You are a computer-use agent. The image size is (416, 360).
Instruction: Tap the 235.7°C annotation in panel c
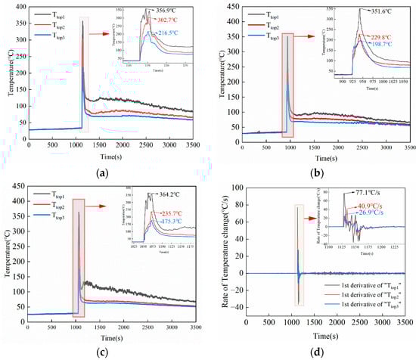[x=176, y=213]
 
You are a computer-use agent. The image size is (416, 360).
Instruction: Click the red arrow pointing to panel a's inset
[x=104, y=33]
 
